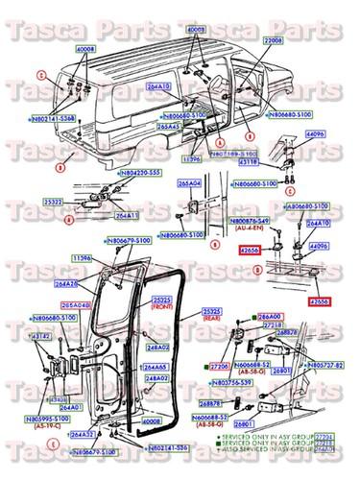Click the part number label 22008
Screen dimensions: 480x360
click(272, 43)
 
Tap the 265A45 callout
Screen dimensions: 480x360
click(169, 127)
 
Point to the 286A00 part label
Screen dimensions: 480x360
click(270, 316)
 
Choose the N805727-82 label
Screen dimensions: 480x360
click(324, 366)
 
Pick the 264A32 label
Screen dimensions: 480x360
click(84, 434)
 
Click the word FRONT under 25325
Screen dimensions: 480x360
click(164, 308)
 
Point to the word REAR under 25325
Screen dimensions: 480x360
click(214, 320)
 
